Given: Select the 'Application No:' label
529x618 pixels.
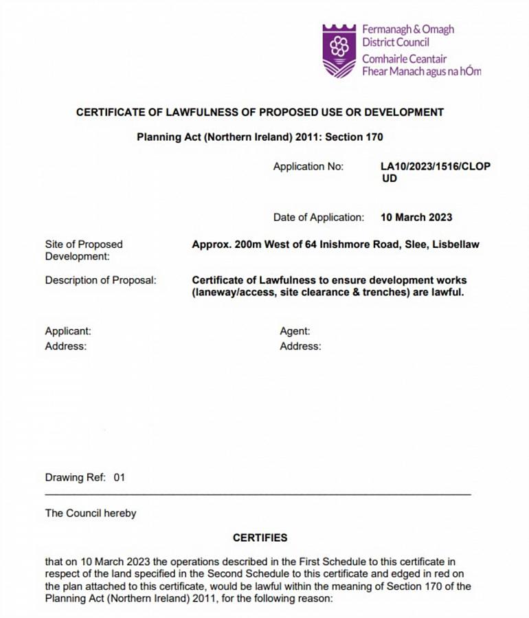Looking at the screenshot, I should coord(308,167).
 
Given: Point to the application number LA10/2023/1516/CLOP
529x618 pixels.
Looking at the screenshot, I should coord(436,167).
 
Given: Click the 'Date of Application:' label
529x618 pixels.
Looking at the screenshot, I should coord(319,218).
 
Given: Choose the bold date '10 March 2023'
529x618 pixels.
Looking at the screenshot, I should coord(416,218).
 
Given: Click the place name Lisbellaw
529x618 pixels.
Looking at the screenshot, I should coord(455,244).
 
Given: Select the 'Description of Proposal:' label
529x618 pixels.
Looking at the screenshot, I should coord(100,280).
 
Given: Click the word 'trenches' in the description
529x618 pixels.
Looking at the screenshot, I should coord(391,293).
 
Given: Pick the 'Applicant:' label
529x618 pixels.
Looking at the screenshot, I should coord(68,331).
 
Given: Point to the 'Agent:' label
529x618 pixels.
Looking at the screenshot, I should coord(295,331).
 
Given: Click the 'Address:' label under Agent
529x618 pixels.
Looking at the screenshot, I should coord(300,346).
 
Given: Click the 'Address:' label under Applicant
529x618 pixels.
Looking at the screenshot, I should coord(66,346).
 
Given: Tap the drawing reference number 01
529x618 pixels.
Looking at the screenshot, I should coord(120,477).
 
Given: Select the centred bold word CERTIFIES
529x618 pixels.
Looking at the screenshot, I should coord(260,538).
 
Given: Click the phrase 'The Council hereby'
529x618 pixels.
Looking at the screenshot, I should coord(91,513).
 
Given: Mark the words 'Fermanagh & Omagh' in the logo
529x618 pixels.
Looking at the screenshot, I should coord(408,30).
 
